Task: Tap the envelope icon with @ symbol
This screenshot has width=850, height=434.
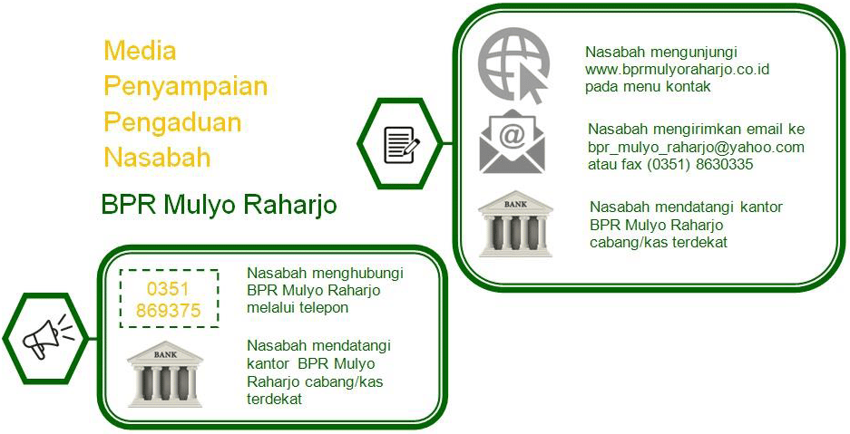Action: [512, 141]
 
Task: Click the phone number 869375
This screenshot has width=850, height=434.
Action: [169, 311]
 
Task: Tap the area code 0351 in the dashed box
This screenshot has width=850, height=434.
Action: [168, 289]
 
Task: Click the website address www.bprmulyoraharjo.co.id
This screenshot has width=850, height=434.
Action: [678, 70]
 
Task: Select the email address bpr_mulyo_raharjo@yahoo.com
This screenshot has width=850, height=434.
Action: [696, 147]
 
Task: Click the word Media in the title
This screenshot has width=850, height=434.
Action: [141, 51]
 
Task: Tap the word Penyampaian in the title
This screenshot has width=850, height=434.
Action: [186, 86]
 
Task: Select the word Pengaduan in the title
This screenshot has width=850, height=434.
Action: [172, 121]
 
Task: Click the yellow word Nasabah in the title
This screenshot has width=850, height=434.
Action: [157, 158]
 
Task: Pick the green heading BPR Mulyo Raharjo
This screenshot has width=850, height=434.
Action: [219, 206]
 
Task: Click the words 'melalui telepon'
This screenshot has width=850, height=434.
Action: [298, 307]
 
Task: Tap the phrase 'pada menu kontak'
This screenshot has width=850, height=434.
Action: [648, 87]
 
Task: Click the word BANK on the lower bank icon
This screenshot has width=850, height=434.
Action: [165, 355]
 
